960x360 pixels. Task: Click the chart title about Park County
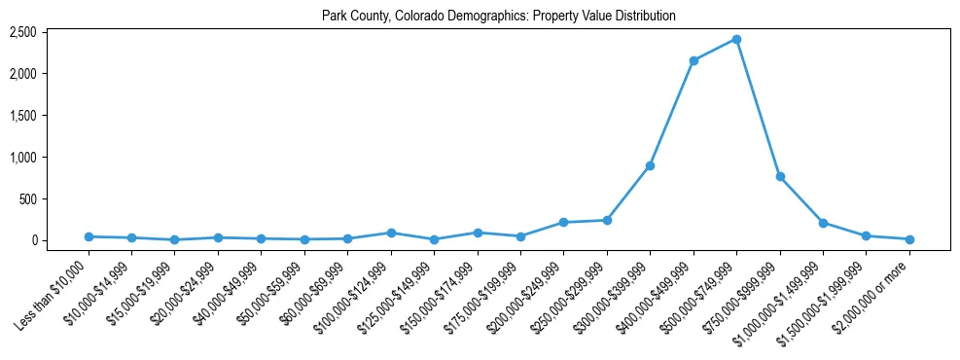[499, 16]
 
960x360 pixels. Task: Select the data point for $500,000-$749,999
[736, 39]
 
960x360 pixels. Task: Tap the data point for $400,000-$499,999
[693, 60]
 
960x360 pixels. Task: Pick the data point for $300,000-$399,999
[650, 165]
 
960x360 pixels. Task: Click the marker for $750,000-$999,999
[780, 176]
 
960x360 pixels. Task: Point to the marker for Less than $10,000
[89, 236]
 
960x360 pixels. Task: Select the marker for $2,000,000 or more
[909, 239]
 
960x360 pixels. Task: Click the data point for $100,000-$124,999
[391, 233]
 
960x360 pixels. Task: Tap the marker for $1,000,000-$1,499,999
[823, 223]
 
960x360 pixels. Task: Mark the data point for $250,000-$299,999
[607, 220]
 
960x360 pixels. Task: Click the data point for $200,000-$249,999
[563, 223]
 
